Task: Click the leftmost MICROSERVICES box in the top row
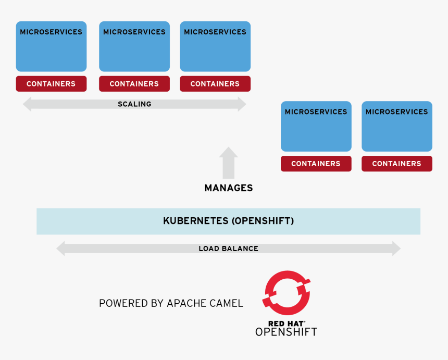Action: pos(51,46)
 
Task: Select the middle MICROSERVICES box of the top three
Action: pos(134,46)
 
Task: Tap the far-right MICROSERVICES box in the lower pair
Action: pos(397,127)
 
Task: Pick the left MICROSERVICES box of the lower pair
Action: pos(316,127)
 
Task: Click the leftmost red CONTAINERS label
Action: pos(51,84)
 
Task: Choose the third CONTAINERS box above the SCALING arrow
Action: pos(215,84)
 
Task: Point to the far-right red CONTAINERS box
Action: pos(397,164)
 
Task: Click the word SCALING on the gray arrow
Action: pos(134,104)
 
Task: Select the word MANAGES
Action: pos(228,188)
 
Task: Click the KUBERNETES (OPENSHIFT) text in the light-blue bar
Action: pos(228,221)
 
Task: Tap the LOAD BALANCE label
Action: pos(228,249)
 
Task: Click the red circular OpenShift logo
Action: pos(286,293)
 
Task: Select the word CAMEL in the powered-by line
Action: pos(226,303)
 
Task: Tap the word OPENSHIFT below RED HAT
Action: pos(286,332)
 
